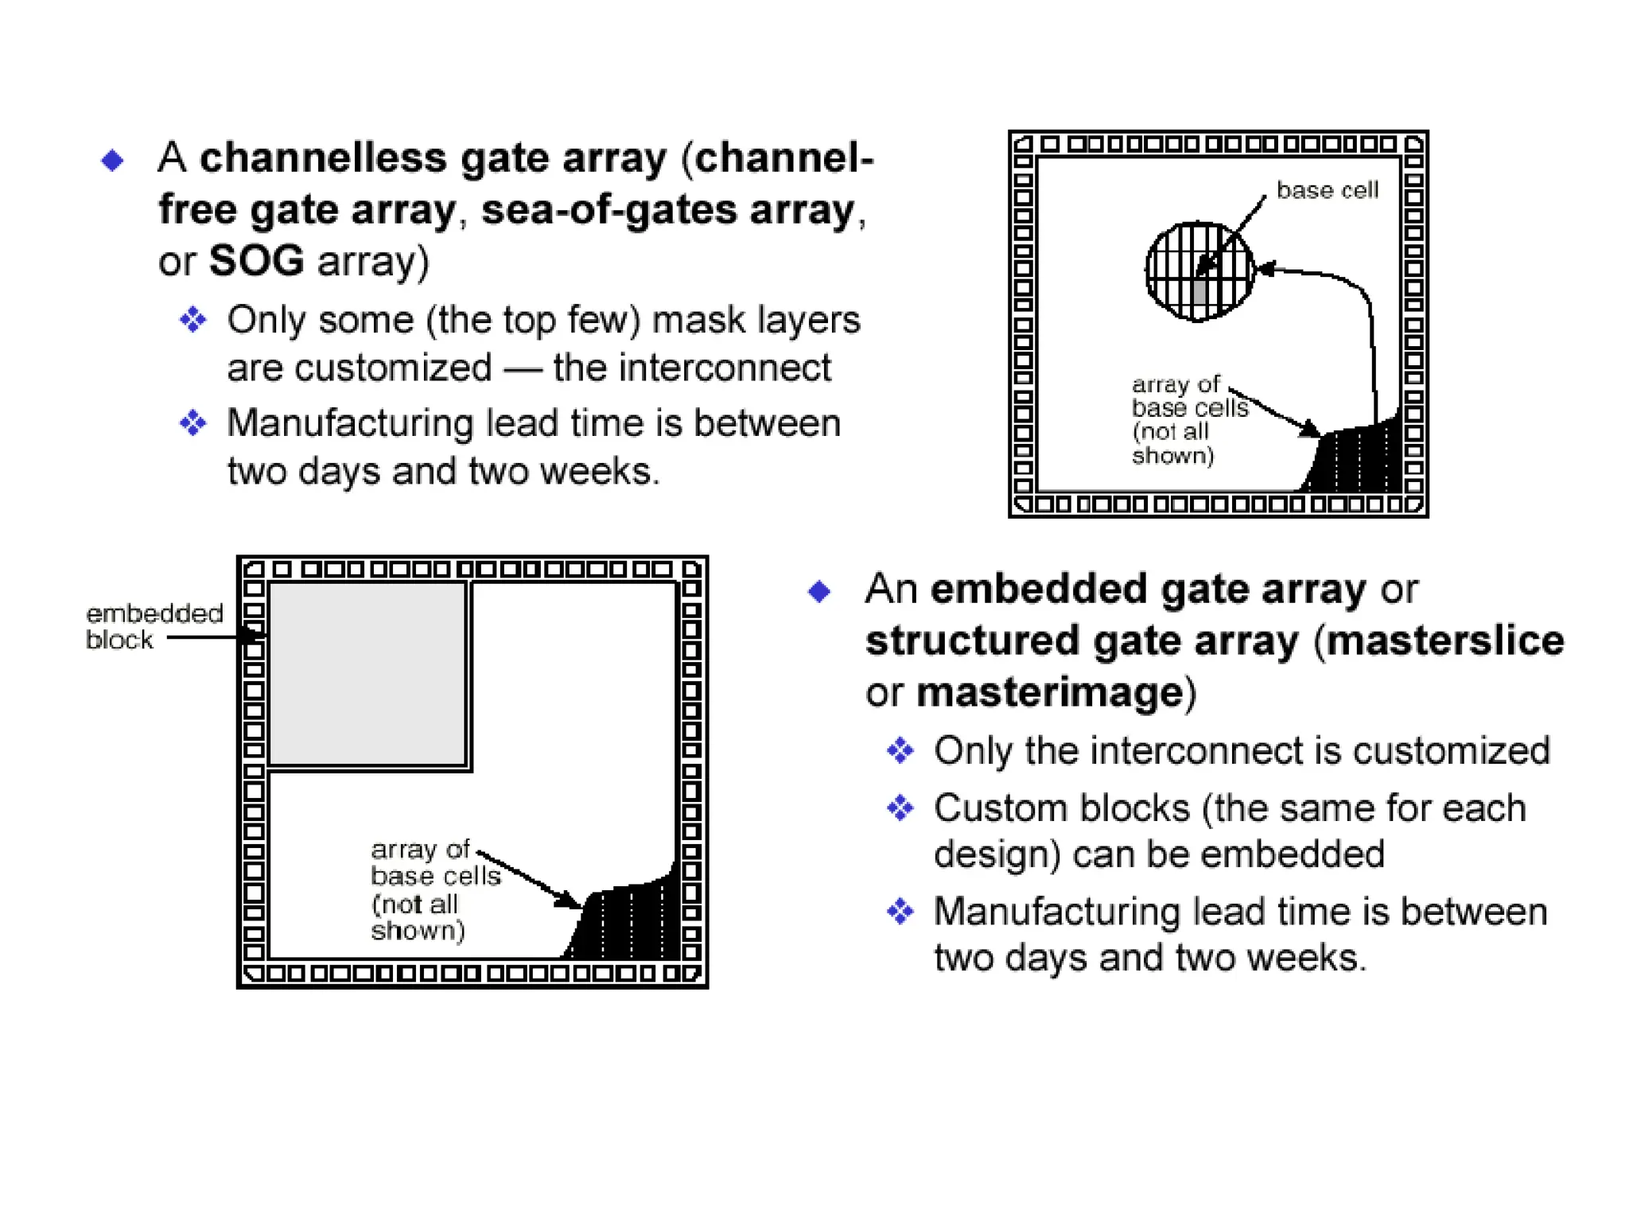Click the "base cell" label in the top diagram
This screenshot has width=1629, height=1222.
pyautogui.click(x=1327, y=190)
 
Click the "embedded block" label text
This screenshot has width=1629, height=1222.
pyautogui.click(x=154, y=626)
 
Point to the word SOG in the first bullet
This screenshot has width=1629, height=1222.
pyautogui.click(x=256, y=261)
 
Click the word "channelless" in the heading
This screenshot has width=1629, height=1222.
pyautogui.click(x=323, y=158)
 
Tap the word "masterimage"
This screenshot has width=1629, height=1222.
pyautogui.click(x=1050, y=692)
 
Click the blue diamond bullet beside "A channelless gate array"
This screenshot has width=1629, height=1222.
pyautogui.click(x=112, y=161)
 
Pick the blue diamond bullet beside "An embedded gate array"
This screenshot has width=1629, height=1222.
pyautogui.click(x=819, y=591)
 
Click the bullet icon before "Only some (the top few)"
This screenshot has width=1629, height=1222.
pyautogui.click(x=192, y=320)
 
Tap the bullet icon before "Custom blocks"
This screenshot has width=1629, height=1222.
pyautogui.click(x=900, y=808)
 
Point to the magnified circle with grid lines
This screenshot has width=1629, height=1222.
pyautogui.click(x=1199, y=271)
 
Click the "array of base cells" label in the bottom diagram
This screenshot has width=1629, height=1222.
pyautogui.click(x=433, y=889)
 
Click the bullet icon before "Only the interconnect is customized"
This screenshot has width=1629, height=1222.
pyautogui.click(x=900, y=750)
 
